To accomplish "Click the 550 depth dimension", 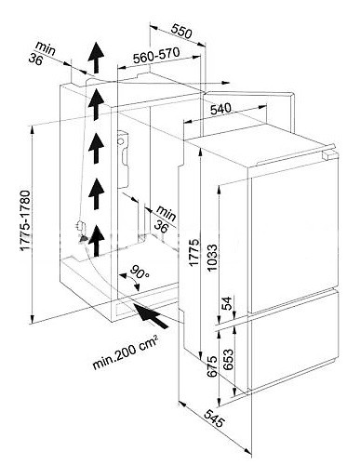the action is tap(181, 32).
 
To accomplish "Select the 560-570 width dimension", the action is tap(156, 55).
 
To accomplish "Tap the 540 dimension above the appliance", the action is tap(220, 109).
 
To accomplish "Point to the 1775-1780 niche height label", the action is tap(25, 220).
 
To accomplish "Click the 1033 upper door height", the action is tap(213, 258).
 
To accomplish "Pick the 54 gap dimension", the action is tap(227, 303).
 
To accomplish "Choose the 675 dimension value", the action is tap(212, 366).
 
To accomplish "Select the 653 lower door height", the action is tap(228, 360).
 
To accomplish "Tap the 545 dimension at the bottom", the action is tap(214, 418).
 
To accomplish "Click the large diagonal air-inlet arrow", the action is tap(151, 315).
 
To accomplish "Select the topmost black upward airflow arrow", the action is tap(96, 58).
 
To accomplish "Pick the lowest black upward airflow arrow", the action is tap(96, 241).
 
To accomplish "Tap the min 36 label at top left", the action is tap(42, 53).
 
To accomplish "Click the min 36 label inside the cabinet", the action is tap(165, 218).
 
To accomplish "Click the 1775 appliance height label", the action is tap(193, 252).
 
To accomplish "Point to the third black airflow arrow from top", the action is tap(96, 148).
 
